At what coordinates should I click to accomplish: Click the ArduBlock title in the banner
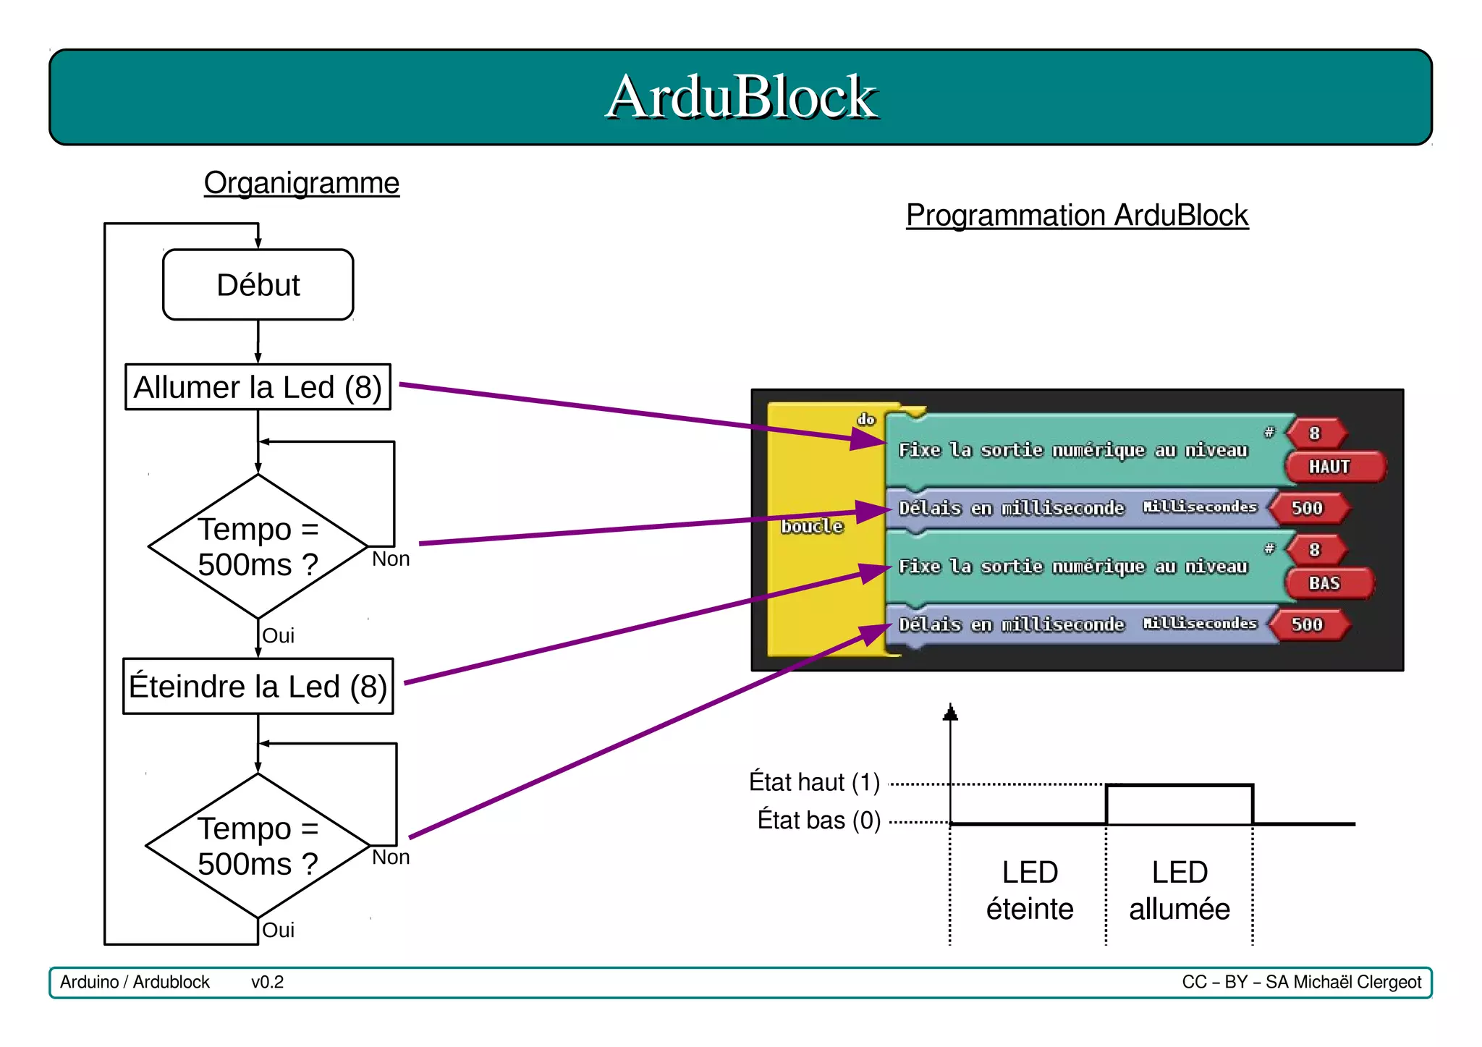tap(741, 97)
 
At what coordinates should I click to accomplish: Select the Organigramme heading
tap(301, 183)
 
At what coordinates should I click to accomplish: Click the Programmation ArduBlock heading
tap(1077, 216)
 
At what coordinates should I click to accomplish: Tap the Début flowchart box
tap(258, 285)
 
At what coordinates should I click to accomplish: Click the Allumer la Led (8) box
tap(258, 387)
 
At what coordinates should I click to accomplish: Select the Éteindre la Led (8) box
tap(258, 686)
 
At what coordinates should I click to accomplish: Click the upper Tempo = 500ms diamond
tap(258, 547)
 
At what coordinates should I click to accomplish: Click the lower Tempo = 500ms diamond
tap(258, 846)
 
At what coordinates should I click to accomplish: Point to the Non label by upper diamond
tap(391, 559)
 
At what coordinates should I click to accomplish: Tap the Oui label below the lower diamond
tap(278, 931)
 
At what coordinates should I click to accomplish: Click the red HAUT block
tap(1330, 467)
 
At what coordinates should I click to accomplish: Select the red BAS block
tap(1324, 583)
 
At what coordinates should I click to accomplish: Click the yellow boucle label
tap(812, 527)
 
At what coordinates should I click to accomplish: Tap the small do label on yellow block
tap(866, 420)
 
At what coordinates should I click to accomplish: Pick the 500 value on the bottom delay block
tap(1307, 624)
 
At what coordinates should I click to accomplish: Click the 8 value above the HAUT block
tap(1315, 433)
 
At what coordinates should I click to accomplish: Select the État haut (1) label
tap(814, 782)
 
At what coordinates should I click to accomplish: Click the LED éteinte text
tap(1030, 891)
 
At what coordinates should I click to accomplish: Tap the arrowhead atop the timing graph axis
tap(950, 713)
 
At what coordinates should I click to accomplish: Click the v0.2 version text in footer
tap(267, 983)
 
